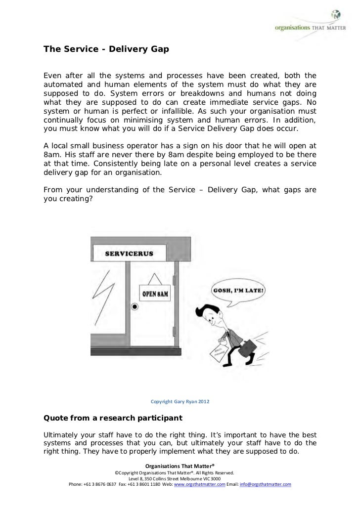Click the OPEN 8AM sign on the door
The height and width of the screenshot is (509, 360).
point(156,293)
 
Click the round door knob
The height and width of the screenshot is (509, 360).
point(133,307)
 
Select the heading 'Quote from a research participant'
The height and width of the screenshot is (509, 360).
point(113,418)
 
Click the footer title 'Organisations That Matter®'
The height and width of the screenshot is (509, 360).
point(180,466)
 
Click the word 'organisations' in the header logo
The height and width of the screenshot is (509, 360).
point(291,28)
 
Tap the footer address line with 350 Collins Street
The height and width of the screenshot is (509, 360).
point(180,478)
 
